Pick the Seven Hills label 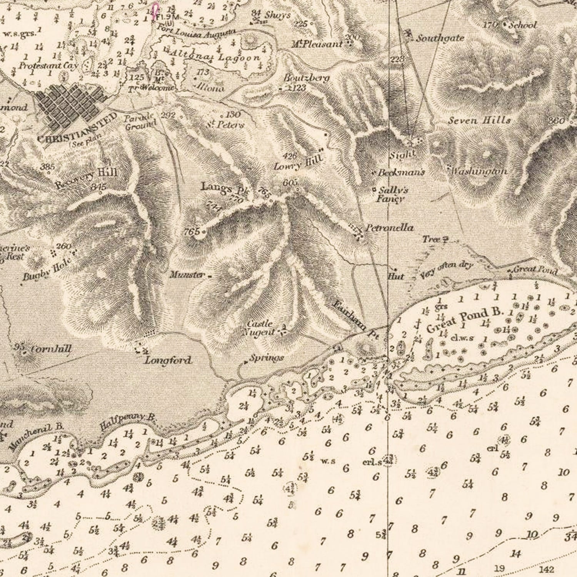click(x=479, y=120)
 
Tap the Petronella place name click(x=389, y=228)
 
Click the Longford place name click(x=168, y=360)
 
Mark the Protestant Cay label click(x=48, y=65)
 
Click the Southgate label click(x=440, y=38)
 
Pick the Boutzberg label click(x=307, y=78)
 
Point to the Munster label click(x=187, y=275)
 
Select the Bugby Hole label click(x=47, y=269)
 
